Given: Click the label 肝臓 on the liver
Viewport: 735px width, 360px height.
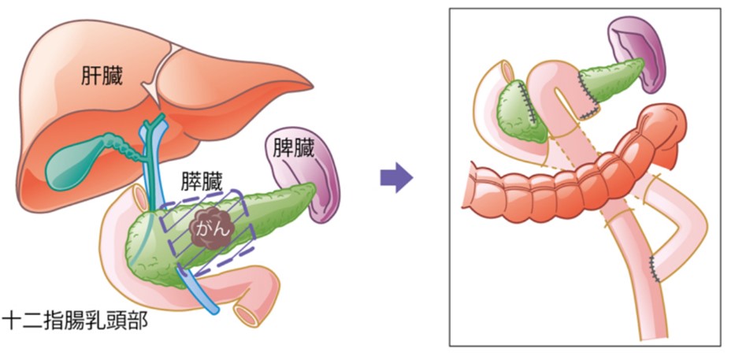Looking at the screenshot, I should coord(102,76).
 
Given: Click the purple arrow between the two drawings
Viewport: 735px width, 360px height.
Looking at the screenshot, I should coord(396,177).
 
